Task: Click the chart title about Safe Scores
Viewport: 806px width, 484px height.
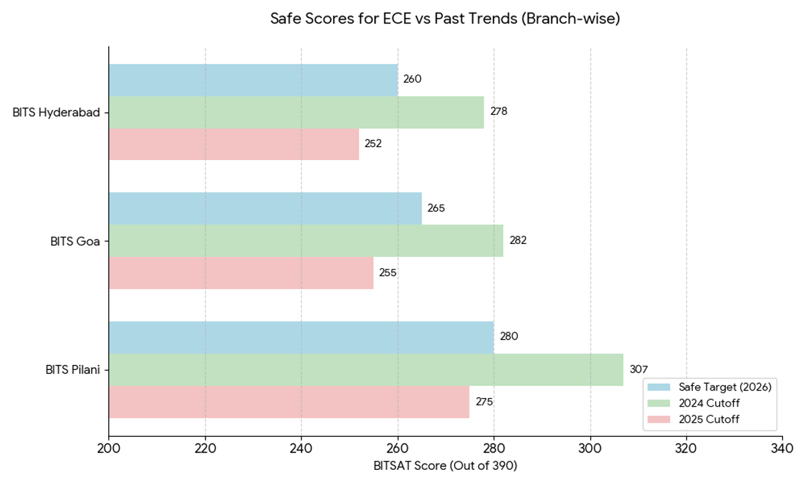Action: [x=445, y=19]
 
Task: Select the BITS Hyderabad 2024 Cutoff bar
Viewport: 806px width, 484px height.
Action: [x=296, y=112]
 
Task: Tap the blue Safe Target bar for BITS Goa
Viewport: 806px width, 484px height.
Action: [x=265, y=208]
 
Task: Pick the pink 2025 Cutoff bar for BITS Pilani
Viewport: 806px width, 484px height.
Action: [x=289, y=402]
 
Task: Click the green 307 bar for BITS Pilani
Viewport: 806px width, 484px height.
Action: [x=365, y=370]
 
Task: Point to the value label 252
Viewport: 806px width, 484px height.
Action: [x=373, y=144]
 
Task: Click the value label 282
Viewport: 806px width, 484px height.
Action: [x=518, y=241]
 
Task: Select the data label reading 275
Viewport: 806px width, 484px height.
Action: [x=484, y=402]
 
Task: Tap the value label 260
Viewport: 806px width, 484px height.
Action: [x=412, y=79]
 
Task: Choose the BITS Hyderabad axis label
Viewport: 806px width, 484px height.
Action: [x=56, y=112]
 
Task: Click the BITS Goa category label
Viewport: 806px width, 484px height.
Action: [x=75, y=241]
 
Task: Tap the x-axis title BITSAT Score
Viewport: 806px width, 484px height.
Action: [x=445, y=466]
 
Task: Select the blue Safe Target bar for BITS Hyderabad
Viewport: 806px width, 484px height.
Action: [x=253, y=80]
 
